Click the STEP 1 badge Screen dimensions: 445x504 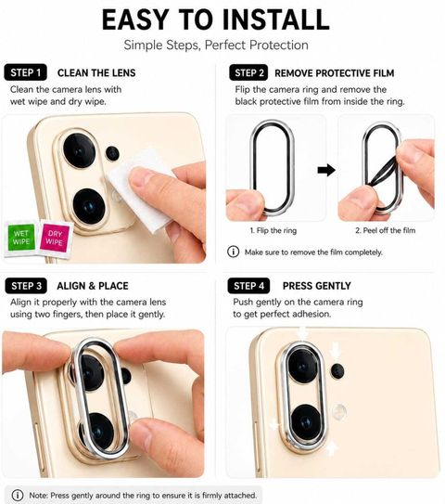coord(25,72)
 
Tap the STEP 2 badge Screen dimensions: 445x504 coord(248,72)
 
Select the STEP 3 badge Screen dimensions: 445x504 coord(26,286)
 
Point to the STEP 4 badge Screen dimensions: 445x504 coord(248,286)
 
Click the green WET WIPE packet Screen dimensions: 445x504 coord(21,238)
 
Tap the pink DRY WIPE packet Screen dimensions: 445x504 coord(55,239)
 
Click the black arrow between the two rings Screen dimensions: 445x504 coord(326,170)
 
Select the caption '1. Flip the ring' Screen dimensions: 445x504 coord(273,230)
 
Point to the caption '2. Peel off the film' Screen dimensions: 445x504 coord(386,230)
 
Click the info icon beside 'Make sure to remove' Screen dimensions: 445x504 coord(233,252)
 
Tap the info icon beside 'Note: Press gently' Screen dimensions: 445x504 coord(18,495)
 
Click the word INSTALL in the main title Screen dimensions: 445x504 coord(275,19)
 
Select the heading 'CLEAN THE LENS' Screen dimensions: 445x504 coord(96,73)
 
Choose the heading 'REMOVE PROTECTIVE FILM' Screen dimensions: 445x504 coord(335,73)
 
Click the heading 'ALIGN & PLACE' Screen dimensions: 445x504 coord(93,286)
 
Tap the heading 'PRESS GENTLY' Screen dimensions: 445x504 coord(316,286)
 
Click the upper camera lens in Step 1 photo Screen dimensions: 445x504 coord(80,150)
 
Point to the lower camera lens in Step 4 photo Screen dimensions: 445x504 coord(306,422)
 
